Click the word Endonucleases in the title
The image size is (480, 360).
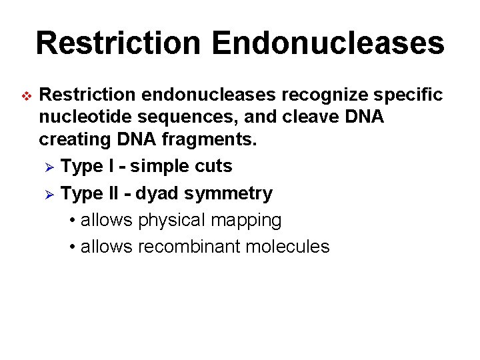coord(328,43)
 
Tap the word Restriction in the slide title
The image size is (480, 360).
coord(117,43)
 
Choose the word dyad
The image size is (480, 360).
coord(157,193)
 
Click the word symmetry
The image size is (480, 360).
coord(228,194)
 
